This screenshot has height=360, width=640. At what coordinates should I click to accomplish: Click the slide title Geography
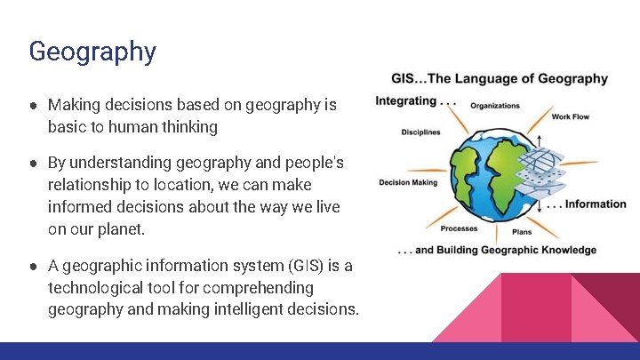pyautogui.click(x=92, y=52)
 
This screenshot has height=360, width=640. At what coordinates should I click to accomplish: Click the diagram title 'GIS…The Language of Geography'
pyautogui.click(x=500, y=78)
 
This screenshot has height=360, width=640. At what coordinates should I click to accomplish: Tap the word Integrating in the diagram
pyautogui.click(x=406, y=100)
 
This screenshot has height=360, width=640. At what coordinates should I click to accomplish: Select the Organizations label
pyautogui.click(x=494, y=106)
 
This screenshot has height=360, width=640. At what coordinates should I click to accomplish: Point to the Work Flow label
pyautogui.click(x=571, y=116)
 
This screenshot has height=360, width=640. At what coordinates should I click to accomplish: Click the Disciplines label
pyautogui.click(x=420, y=132)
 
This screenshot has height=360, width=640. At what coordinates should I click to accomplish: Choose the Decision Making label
pyautogui.click(x=408, y=183)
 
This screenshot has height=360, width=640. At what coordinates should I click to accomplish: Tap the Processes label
pyautogui.click(x=459, y=228)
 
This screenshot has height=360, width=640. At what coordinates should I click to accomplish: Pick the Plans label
pyautogui.click(x=522, y=232)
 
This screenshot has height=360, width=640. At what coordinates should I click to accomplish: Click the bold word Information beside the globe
pyautogui.click(x=596, y=204)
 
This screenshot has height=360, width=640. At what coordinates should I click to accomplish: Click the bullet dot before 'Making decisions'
pyautogui.click(x=32, y=106)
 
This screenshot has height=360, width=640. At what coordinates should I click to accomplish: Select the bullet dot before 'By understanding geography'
pyautogui.click(x=32, y=164)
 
